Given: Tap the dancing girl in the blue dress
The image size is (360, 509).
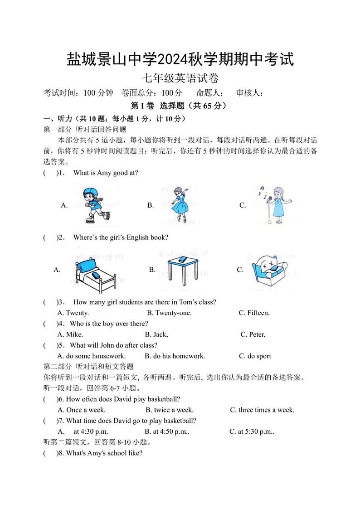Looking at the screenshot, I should pyautogui.click(x=180, y=205).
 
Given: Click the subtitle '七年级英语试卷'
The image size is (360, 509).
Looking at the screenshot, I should pyautogui.click(x=180, y=78).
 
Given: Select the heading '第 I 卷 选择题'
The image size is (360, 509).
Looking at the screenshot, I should pyautogui.click(x=162, y=106).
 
